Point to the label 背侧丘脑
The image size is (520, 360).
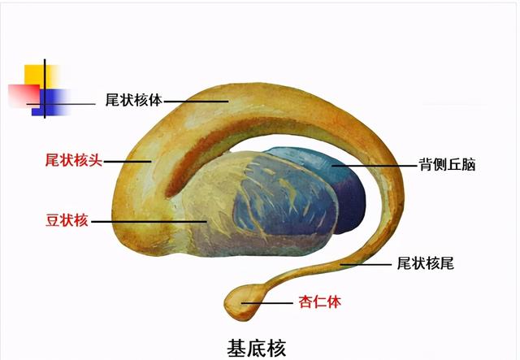[447, 165]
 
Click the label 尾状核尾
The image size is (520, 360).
[424, 263]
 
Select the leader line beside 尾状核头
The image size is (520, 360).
[126, 161]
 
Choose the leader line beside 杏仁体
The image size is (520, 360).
[269, 302]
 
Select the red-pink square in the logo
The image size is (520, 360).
[21, 94]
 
